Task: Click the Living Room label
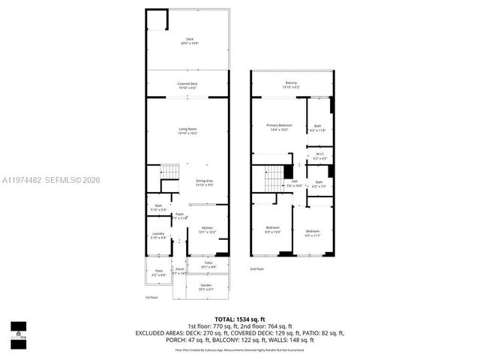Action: tap(187, 130)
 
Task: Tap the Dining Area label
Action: tap(205, 181)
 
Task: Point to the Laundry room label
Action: tap(158, 235)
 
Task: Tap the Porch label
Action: tap(180, 271)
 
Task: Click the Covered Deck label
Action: tap(187, 85)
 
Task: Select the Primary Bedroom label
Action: tap(279, 126)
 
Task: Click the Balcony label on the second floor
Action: tap(291, 83)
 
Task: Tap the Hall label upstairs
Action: tap(295, 182)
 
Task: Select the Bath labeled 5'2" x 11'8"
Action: tap(318, 127)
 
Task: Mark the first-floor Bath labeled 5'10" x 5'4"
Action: tap(158, 207)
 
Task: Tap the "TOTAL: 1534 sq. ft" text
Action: tap(239, 319)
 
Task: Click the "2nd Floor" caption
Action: tap(257, 268)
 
